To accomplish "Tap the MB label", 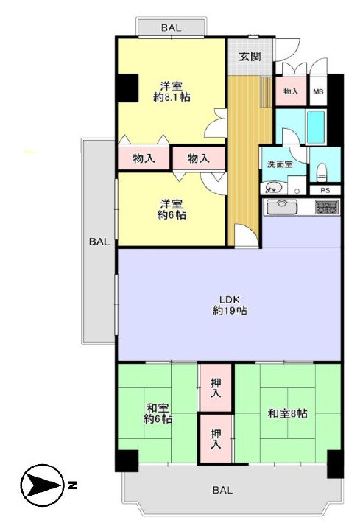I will click(318, 91).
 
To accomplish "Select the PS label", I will click(325, 190).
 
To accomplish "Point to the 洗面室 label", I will click(280, 164).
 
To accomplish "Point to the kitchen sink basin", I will click(281, 206).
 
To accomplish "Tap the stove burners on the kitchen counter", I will click(325, 207).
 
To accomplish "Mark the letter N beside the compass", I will click(72, 485).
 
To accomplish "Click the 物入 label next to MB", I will click(291, 91).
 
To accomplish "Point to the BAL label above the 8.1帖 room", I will click(171, 27).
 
